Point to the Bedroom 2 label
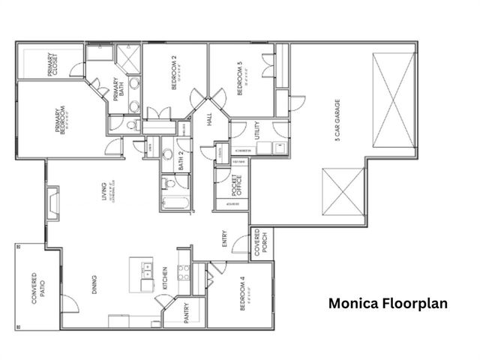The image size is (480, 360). tap(174, 74)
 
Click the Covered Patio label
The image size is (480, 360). tap(34, 292)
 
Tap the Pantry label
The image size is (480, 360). tap(187, 313)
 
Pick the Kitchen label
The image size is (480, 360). tap(165, 278)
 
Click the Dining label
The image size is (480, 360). tap(96, 289)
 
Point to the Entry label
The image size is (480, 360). tap(224, 238)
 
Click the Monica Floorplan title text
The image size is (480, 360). tap(388, 304)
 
